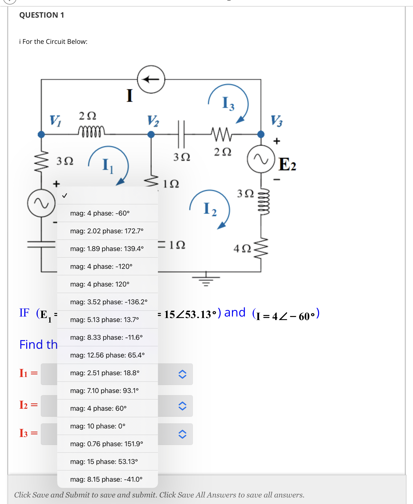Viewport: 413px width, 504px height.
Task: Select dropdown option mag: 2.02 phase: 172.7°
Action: [107, 231]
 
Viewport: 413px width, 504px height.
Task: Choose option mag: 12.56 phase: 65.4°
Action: [107, 355]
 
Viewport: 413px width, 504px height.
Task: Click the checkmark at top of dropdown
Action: [65, 196]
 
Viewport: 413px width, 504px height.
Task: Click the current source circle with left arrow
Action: [151, 79]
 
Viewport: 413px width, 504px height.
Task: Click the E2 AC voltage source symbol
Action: [261, 159]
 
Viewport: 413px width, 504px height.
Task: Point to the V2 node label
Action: [153, 121]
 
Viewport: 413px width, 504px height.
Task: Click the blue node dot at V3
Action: [261, 134]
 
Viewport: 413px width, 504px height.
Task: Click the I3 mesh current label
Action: [228, 103]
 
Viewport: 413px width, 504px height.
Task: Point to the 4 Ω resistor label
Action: [242, 248]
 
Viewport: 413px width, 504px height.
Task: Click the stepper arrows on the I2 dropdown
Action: [182, 406]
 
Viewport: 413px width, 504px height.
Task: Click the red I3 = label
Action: [28, 433]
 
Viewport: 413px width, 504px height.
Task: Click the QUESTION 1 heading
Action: [42, 15]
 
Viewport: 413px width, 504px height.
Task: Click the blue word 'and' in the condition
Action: [235, 313]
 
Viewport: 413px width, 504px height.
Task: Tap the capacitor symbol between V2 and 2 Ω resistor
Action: [181, 134]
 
